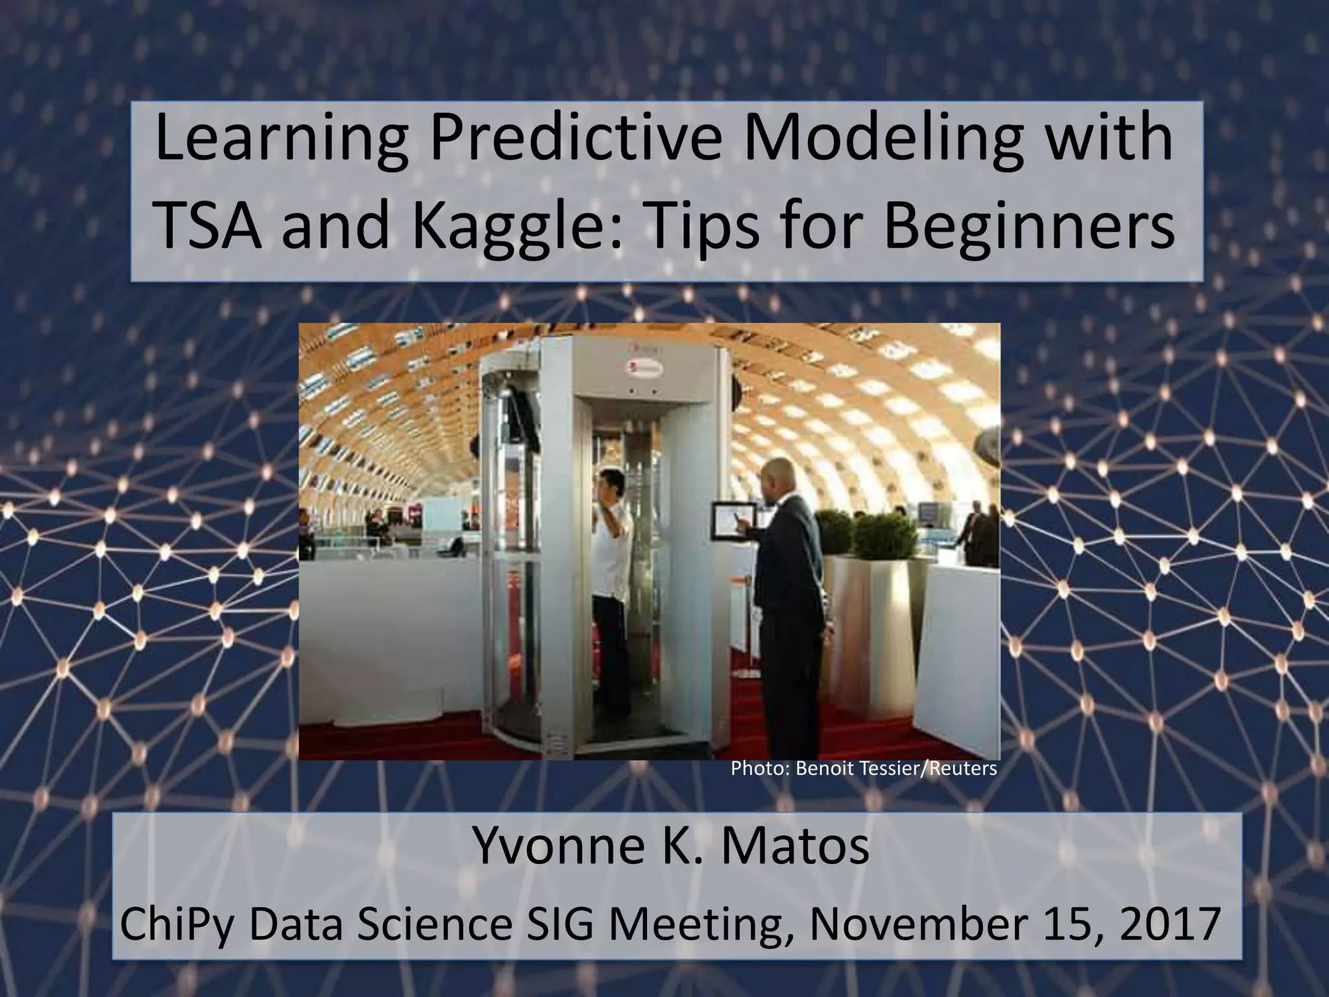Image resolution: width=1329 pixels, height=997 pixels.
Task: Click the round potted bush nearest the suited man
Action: pos(883,539)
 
